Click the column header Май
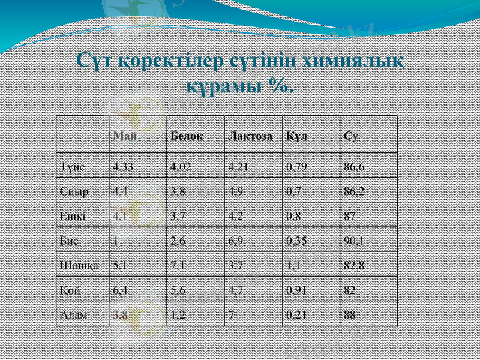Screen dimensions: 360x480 click(x=125, y=136)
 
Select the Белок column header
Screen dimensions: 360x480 click(x=186, y=136)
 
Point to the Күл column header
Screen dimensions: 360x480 click(x=297, y=136)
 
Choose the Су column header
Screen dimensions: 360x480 click(x=351, y=136)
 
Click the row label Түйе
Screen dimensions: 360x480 click(x=72, y=166)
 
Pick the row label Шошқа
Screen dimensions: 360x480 click(x=76, y=265)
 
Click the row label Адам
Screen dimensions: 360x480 click(x=74, y=314)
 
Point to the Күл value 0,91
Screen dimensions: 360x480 click(x=298, y=289)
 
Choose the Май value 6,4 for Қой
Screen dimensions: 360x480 click(x=119, y=289)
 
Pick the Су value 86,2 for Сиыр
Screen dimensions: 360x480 click(x=356, y=191)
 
